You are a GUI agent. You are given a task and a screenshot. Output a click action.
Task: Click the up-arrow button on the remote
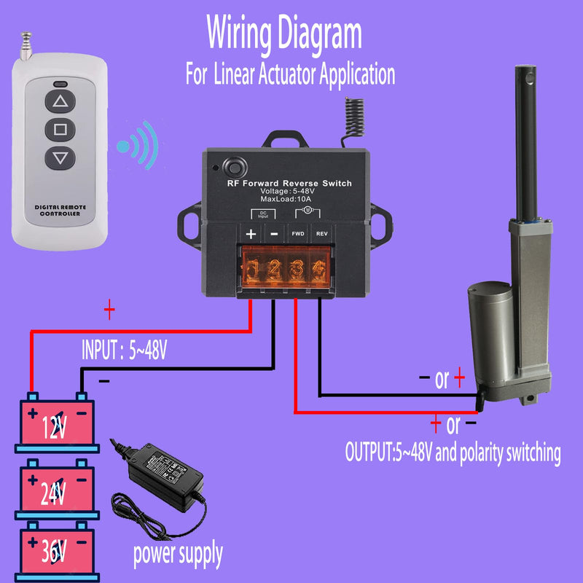coord(60,101)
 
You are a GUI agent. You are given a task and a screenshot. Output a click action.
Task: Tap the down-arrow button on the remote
coord(60,157)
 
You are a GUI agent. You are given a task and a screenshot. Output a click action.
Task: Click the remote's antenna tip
coord(28,34)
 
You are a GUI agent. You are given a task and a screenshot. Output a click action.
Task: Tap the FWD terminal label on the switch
coord(298,235)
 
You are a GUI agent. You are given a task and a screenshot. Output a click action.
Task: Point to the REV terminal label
coord(321,235)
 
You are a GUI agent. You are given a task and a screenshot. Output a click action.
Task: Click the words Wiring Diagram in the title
coord(283,33)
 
